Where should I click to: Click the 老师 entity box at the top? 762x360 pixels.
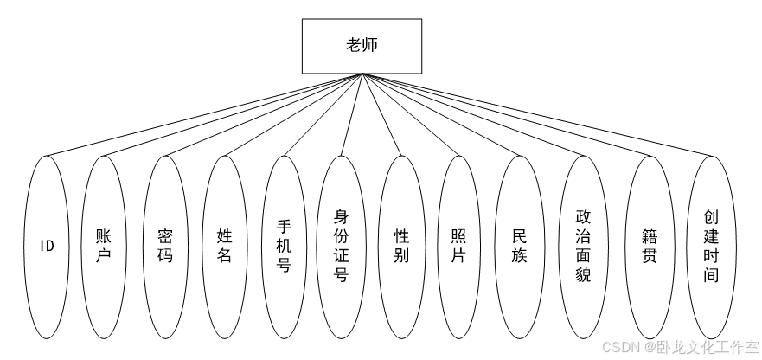coord(362,47)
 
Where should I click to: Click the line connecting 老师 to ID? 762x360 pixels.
coord(204,115)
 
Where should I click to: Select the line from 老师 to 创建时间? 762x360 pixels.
coord(536,115)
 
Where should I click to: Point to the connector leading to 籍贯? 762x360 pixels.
coord(506,115)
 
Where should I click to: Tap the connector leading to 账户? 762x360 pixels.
coord(234,115)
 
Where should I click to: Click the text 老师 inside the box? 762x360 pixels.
coord(362,47)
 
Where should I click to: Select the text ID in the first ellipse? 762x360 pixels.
coord(47,246)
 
